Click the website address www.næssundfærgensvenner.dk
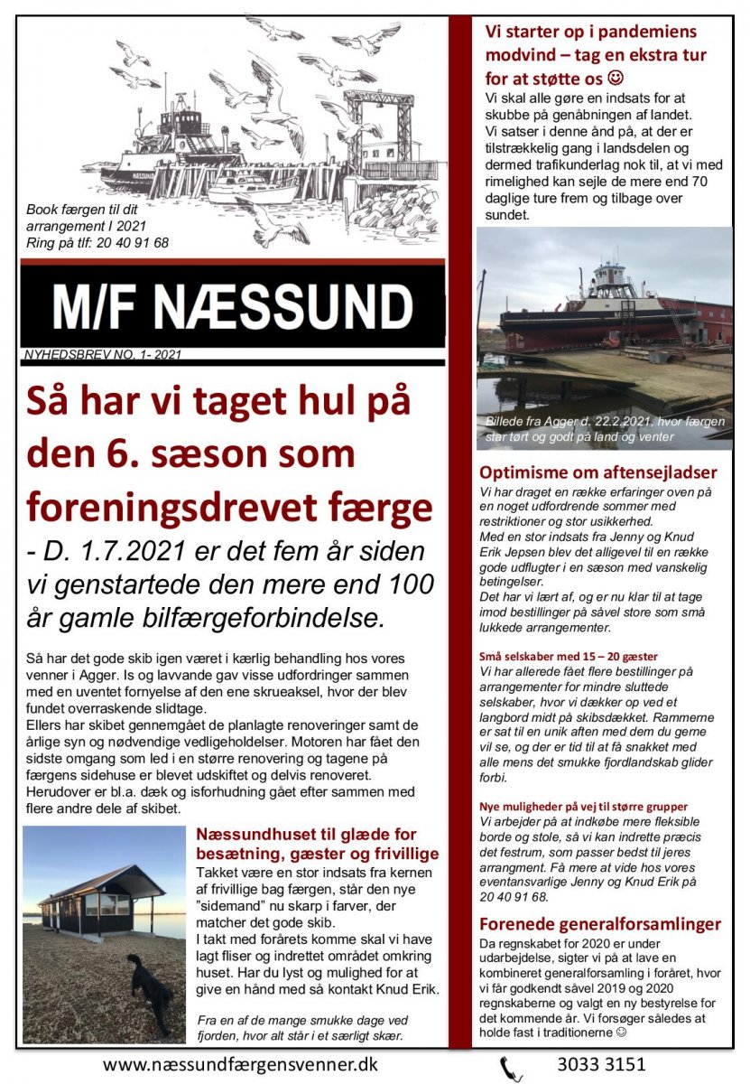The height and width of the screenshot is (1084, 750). pyautogui.click(x=240, y=1064)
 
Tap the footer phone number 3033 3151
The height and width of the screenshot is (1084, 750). pyautogui.click(x=602, y=1064)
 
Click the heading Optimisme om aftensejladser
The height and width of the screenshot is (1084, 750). pyautogui.click(x=598, y=472)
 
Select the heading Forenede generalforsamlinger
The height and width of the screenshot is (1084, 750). pyautogui.click(x=600, y=923)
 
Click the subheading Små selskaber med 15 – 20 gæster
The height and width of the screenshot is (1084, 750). pyautogui.click(x=569, y=657)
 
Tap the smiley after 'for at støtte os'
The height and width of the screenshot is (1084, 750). pyautogui.click(x=616, y=78)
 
